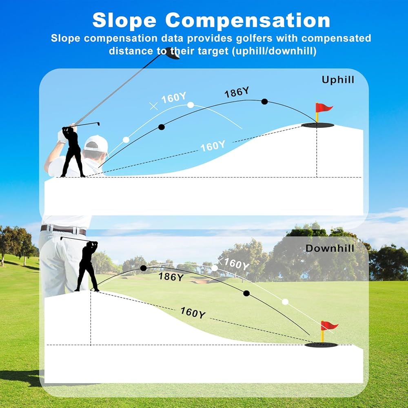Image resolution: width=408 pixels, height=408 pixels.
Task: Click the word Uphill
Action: pyautogui.click(x=338, y=80)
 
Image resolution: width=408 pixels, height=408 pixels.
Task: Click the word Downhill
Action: pyautogui.click(x=330, y=248)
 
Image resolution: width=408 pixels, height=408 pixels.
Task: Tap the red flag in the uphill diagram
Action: pyautogui.click(x=324, y=108)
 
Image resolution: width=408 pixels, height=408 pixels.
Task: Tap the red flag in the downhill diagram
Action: pyautogui.click(x=329, y=326)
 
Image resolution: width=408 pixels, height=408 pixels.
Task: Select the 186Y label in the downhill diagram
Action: pyautogui.click(x=171, y=277)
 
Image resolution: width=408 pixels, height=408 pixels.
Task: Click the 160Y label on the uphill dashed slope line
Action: pyautogui.click(x=213, y=146)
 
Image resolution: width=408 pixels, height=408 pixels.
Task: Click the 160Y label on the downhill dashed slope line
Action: pyautogui.click(x=193, y=313)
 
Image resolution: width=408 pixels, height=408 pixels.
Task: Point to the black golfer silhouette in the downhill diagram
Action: pyautogui.click(x=87, y=265)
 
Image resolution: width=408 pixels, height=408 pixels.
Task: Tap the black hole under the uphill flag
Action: pyautogui.click(x=317, y=125)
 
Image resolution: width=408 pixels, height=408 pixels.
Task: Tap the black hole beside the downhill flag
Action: pyautogui.click(x=322, y=345)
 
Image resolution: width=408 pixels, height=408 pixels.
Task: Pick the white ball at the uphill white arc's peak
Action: pyautogui.click(x=191, y=105)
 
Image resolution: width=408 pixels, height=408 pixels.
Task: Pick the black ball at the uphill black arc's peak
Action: pyautogui.click(x=265, y=102)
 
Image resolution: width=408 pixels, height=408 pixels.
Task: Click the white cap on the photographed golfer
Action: pyautogui.click(x=97, y=144)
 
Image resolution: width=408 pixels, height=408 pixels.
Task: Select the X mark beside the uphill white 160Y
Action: pyautogui.click(x=154, y=106)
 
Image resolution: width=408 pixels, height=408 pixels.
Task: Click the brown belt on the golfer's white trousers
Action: pyautogui.click(x=63, y=229)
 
